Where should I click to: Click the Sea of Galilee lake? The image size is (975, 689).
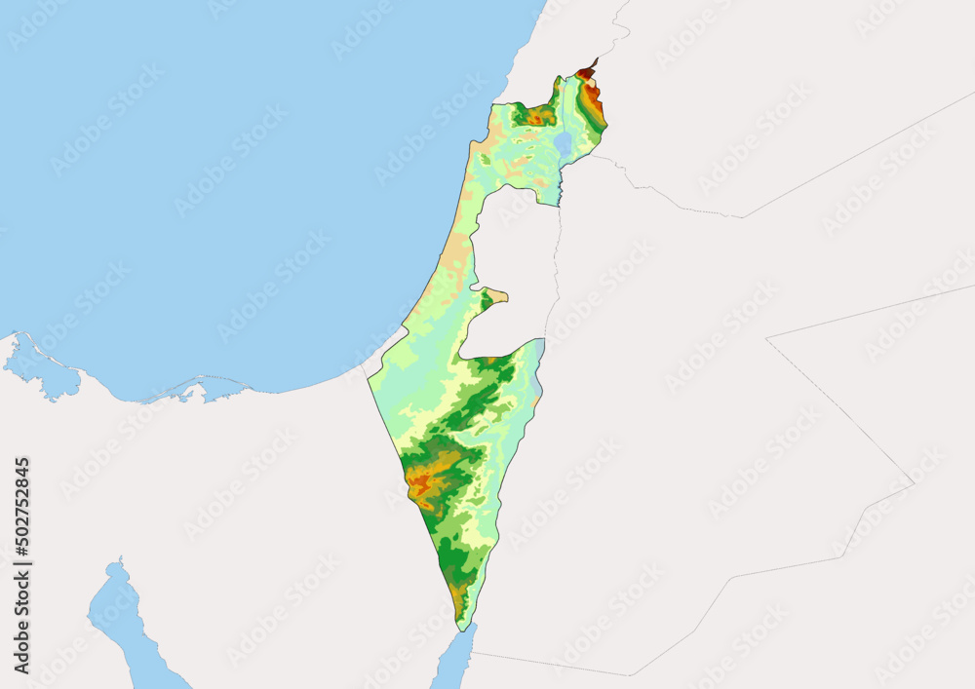[563, 144]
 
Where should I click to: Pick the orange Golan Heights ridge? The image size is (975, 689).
[593, 102]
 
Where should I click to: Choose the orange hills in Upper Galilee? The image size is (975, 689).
[534, 117]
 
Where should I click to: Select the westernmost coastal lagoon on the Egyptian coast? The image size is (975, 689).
[44, 370]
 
